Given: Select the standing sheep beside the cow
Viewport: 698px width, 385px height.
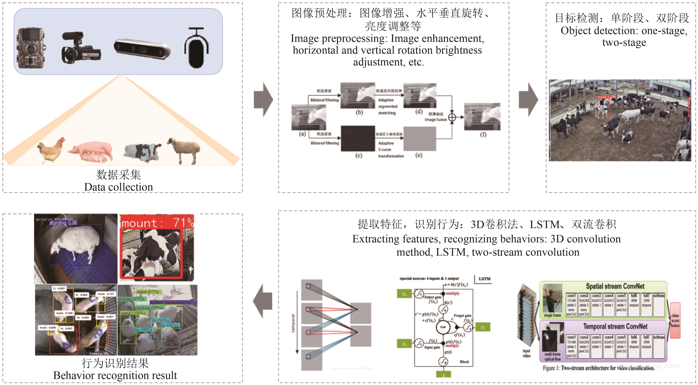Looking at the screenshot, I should coord(184,149).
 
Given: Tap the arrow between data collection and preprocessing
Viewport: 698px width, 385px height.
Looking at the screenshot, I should coord(263,100).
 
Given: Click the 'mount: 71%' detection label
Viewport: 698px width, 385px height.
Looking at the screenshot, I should coord(157,223).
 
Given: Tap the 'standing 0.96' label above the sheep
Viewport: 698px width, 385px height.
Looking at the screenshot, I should coord(63,222).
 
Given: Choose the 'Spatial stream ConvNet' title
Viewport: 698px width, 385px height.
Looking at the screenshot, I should coord(615,286).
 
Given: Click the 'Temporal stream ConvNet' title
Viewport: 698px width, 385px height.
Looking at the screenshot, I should coord(615,326).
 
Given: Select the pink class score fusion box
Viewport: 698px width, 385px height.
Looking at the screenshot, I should coord(675,321).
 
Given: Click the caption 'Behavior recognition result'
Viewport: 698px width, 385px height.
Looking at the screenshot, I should coord(115,375).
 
